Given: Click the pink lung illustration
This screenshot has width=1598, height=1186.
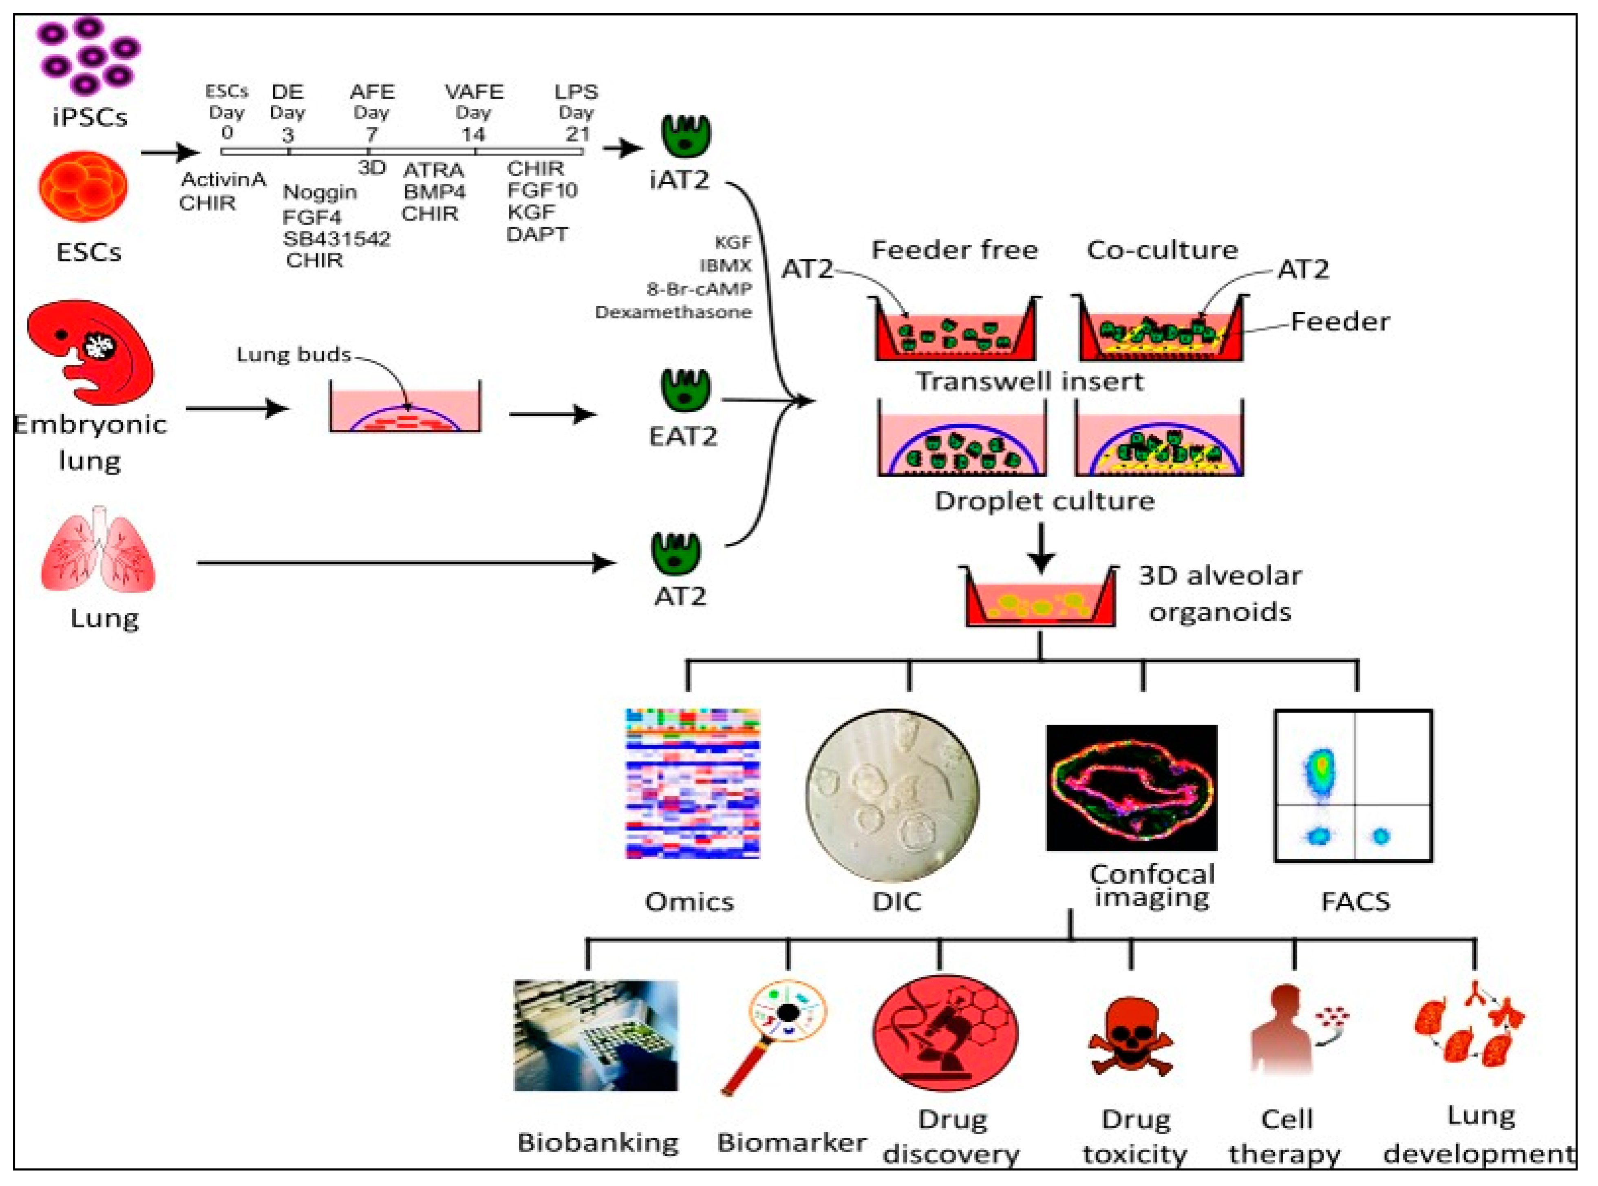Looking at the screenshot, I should [x=98, y=549].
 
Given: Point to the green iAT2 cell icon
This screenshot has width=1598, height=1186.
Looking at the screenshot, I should [x=686, y=137].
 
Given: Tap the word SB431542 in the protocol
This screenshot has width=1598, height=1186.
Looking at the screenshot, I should [x=336, y=239].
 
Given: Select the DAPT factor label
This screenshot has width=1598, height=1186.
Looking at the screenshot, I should [x=536, y=235].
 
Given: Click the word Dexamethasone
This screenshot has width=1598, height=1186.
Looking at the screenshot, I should [x=673, y=312].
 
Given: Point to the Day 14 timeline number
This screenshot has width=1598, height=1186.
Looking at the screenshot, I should [x=473, y=134].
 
